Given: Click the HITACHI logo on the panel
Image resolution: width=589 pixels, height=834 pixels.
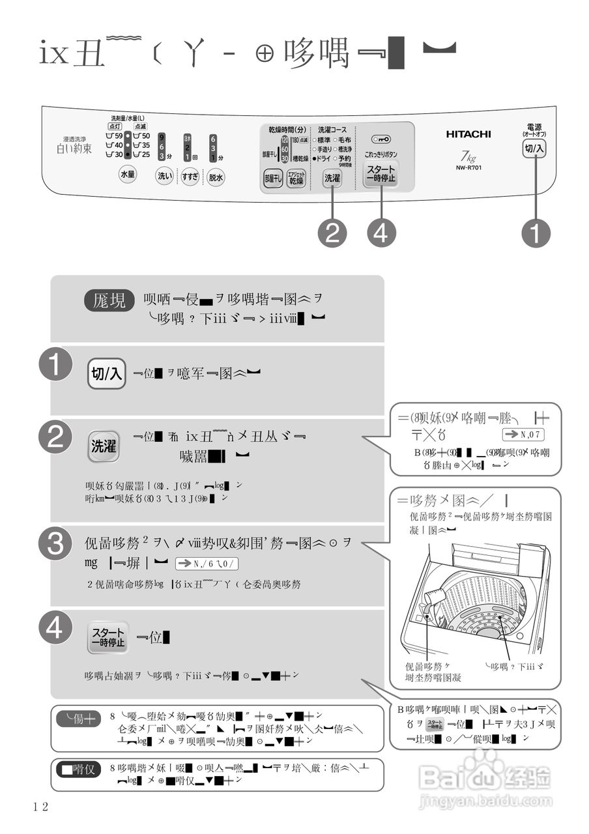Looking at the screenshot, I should point(468,134).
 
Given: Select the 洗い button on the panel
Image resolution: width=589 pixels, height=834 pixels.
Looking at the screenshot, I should point(164,175).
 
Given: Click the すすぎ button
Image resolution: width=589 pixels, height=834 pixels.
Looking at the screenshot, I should point(190,176).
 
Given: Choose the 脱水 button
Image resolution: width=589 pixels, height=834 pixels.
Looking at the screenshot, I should point(216,177).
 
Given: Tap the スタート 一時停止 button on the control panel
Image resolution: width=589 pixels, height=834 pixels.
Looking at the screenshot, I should point(381,174).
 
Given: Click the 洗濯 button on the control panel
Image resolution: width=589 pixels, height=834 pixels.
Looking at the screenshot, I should point(332,177).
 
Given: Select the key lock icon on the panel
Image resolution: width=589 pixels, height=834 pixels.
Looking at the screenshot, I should point(381,139).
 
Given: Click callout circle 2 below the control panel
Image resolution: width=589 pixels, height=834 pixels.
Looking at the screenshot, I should point(332,233).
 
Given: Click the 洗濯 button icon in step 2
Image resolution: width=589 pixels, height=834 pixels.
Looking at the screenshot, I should point(104,446).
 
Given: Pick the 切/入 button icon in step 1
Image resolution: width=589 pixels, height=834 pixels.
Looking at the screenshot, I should point(107,373).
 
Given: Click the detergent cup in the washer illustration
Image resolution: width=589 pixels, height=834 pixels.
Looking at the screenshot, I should point(433,598).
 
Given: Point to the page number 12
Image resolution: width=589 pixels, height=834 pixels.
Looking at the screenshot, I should point(40,807).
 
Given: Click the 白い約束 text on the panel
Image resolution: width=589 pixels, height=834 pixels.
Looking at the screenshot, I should point(74,149).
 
